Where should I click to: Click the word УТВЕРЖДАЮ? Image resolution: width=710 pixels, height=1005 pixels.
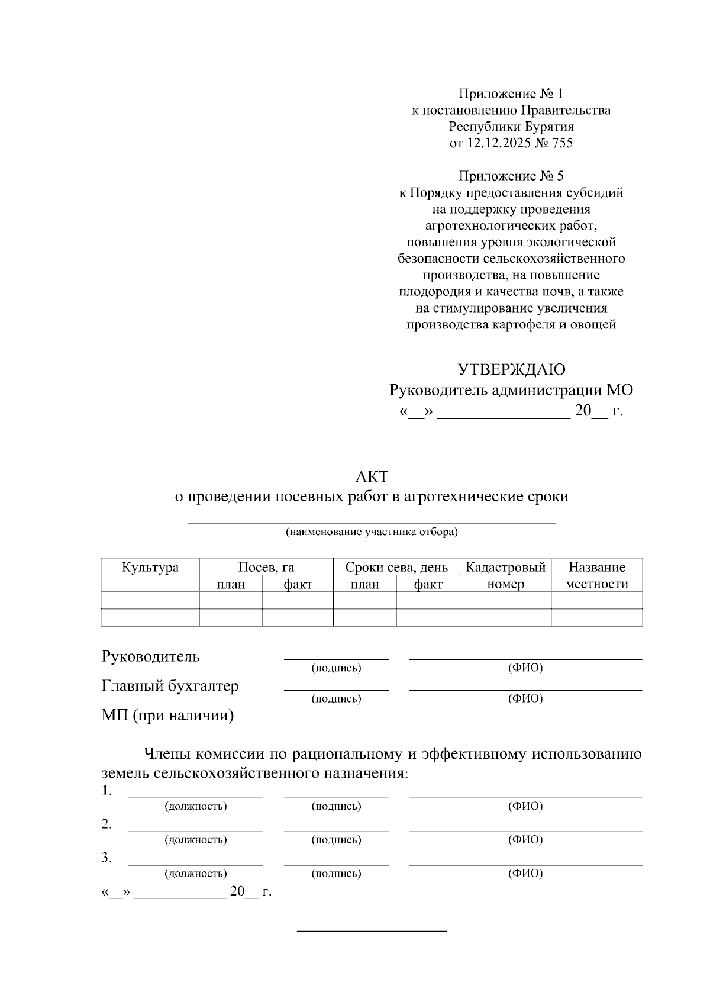[x=511, y=370]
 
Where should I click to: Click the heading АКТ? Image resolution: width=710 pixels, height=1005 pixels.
[x=372, y=476]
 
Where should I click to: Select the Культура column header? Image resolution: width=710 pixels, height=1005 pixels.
[x=150, y=568]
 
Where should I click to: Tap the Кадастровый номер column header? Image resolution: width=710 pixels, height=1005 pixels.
[x=505, y=575]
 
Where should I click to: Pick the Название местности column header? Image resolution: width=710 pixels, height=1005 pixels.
[x=596, y=575]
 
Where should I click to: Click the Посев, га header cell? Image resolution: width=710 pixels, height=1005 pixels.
[x=266, y=568]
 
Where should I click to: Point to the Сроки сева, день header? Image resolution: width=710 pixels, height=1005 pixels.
[x=396, y=568]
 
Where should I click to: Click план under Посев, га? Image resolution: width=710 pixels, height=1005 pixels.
[x=231, y=585]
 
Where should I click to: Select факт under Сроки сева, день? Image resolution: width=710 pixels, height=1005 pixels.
[x=428, y=585]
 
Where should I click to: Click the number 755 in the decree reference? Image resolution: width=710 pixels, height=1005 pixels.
[x=561, y=143]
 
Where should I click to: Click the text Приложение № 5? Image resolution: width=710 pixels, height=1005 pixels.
[x=511, y=176]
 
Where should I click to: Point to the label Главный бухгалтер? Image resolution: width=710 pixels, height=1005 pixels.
[x=170, y=686]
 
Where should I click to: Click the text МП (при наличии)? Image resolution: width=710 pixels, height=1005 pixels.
[x=167, y=716]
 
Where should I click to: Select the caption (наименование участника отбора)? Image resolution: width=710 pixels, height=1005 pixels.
[x=372, y=532]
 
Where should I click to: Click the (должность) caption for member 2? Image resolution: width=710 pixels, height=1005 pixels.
[x=195, y=840]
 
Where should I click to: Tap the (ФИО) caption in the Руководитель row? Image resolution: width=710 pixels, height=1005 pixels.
[x=525, y=668]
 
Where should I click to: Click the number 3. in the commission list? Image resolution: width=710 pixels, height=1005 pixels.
[x=106, y=858]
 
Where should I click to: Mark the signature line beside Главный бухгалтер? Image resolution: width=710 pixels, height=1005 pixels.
[x=336, y=690]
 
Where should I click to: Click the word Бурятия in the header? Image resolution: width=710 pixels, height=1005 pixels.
[x=548, y=127]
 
